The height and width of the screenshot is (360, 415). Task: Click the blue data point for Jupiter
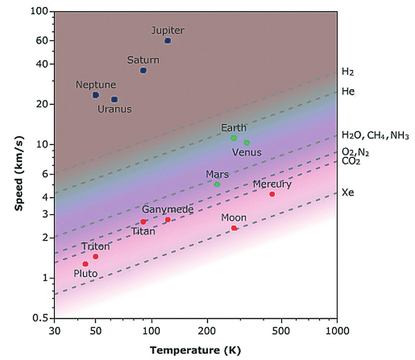coord(167,41)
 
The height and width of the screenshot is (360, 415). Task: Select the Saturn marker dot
coord(143,70)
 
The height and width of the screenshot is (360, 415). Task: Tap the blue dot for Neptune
coord(95,95)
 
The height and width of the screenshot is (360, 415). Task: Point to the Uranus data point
coord(114,99)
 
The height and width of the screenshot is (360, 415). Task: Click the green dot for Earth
coord(234,138)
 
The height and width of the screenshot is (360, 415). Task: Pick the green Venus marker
coord(247,143)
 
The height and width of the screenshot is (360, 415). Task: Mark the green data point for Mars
coord(217,184)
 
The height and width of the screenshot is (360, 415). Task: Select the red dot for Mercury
coord(272,194)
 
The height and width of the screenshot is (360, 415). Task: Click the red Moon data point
coord(234,228)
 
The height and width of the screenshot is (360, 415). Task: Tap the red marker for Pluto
coord(85,264)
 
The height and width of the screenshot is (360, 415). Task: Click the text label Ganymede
coord(168,209)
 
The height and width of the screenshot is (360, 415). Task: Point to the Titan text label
coord(143,231)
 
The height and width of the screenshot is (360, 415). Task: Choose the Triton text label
coord(96,246)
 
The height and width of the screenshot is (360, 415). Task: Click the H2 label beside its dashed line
coord(348,72)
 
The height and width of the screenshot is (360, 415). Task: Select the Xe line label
coord(348,193)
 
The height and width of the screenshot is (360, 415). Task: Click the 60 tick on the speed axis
coord(44,41)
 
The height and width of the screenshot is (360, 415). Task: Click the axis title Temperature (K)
coord(196,350)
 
